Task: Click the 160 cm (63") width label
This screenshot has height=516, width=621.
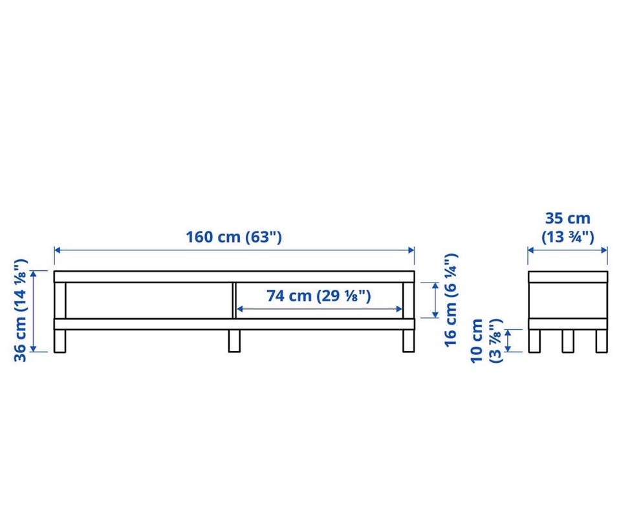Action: click(x=234, y=237)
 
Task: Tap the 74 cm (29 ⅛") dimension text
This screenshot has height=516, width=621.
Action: click(x=318, y=296)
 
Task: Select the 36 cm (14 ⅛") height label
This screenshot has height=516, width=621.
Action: click(x=20, y=310)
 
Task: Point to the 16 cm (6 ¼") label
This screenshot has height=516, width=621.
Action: click(x=451, y=301)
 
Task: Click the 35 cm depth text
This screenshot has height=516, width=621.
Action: click(x=567, y=218)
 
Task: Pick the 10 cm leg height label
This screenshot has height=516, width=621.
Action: click(x=477, y=341)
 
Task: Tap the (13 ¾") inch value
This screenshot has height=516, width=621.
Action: click(x=567, y=237)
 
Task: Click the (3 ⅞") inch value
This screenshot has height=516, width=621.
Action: click(x=496, y=341)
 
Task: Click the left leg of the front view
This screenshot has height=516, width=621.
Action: click(x=60, y=341)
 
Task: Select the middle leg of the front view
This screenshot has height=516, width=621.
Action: click(x=234, y=341)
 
